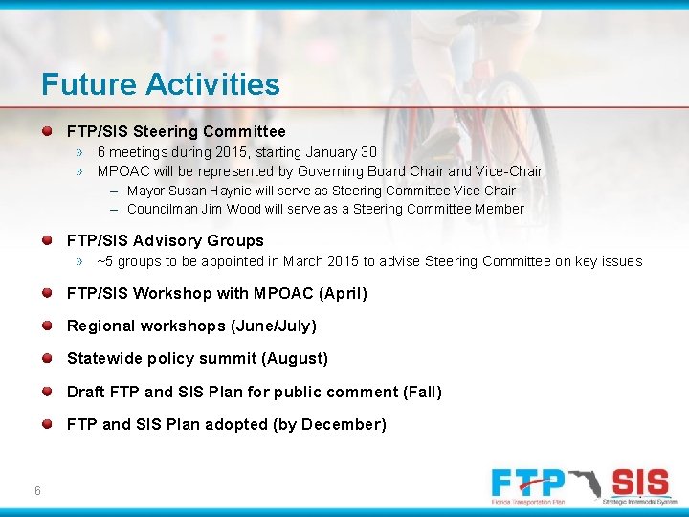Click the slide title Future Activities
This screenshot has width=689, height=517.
tap(161, 84)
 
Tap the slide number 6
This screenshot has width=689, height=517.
tap(36, 491)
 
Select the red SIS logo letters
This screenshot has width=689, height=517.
tap(639, 483)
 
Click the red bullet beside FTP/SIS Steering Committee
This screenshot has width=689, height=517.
tap(48, 130)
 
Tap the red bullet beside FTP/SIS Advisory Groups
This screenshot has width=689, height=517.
tap(48, 240)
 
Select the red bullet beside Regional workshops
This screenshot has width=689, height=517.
tap(48, 326)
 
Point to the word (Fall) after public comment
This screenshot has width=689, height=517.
tap(423, 392)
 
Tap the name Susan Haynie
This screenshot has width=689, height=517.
tap(211, 191)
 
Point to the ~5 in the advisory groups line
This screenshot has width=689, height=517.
tap(105, 261)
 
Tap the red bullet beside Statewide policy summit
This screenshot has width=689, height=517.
tap(48, 359)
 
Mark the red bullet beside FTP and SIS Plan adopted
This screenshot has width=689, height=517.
tap(48, 424)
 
